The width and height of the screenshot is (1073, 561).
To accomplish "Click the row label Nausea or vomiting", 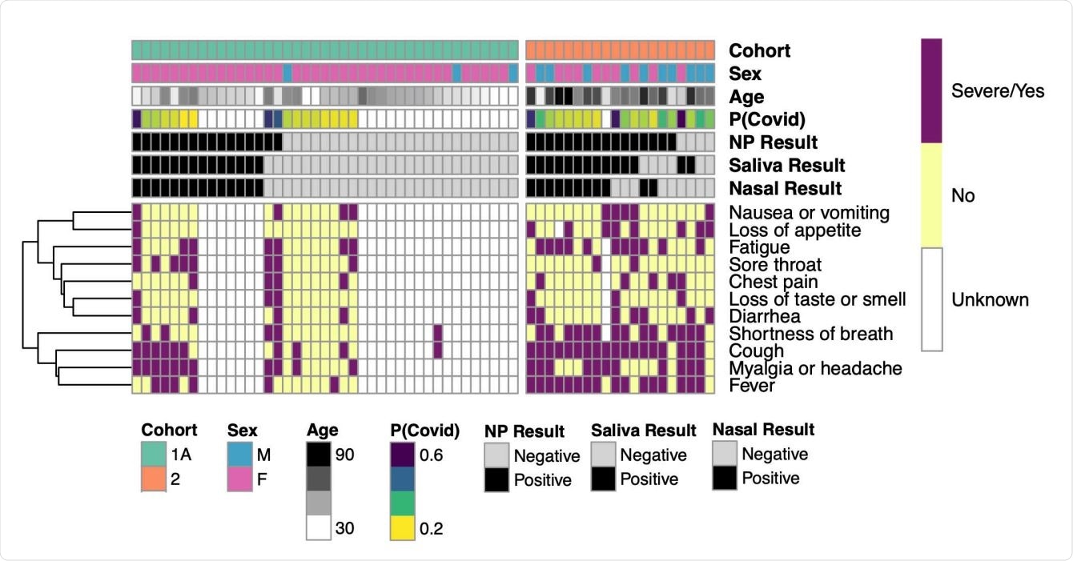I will pyautogui.click(x=809, y=213).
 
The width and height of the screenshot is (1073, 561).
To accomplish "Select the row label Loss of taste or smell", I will pyautogui.click(x=817, y=299).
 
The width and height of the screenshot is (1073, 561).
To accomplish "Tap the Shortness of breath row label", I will pyautogui.click(x=810, y=334).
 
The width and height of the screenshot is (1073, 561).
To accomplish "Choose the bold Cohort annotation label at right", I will pyautogui.click(x=759, y=50).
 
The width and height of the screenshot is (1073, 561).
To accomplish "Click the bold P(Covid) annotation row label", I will pyautogui.click(x=766, y=119).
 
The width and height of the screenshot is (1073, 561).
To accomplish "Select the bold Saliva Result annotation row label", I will pyautogui.click(x=786, y=166).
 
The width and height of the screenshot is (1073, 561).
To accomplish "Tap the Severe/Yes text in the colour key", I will pyautogui.click(x=997, y=90).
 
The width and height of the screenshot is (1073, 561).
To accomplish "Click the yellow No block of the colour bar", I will pyautogui.click(x=930, y=195).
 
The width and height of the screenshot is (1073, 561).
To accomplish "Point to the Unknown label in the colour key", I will pyautogui.click(x=990, y=301).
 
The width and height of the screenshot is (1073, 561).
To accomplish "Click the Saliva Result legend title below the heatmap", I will pyautogui.click(x=643, y=431).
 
